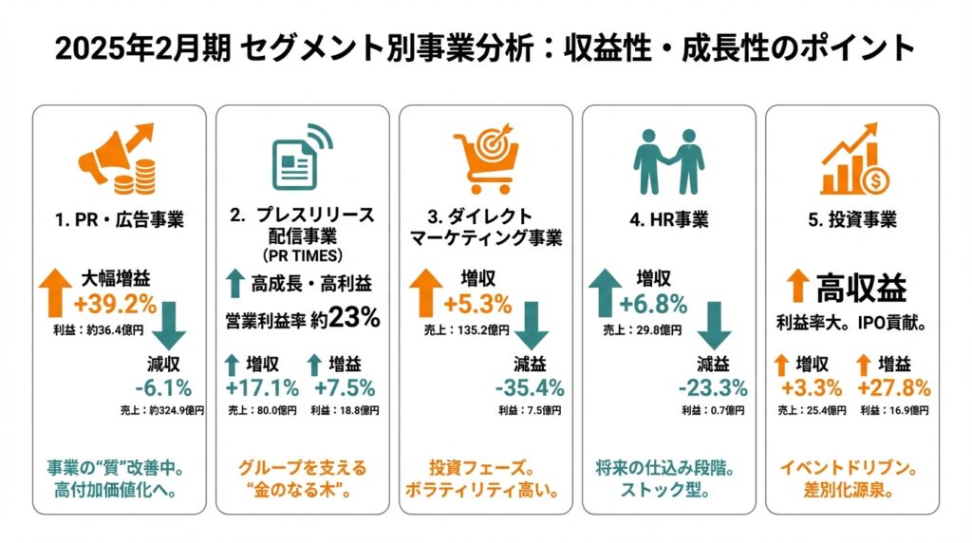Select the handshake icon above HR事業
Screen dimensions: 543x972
[x=668, y=159]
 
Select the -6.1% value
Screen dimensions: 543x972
[x=163, y=387]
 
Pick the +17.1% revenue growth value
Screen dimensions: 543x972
[x=262, y=387]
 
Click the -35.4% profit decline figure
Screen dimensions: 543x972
[x=530, y=387]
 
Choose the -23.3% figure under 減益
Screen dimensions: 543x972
[x=712, y=387]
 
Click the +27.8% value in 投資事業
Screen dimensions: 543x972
[x=893, y=387]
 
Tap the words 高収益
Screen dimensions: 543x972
[x=862, y=288]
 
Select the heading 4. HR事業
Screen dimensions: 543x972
[x=668, y=220]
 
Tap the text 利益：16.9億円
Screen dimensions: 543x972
[x=893, y=411]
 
